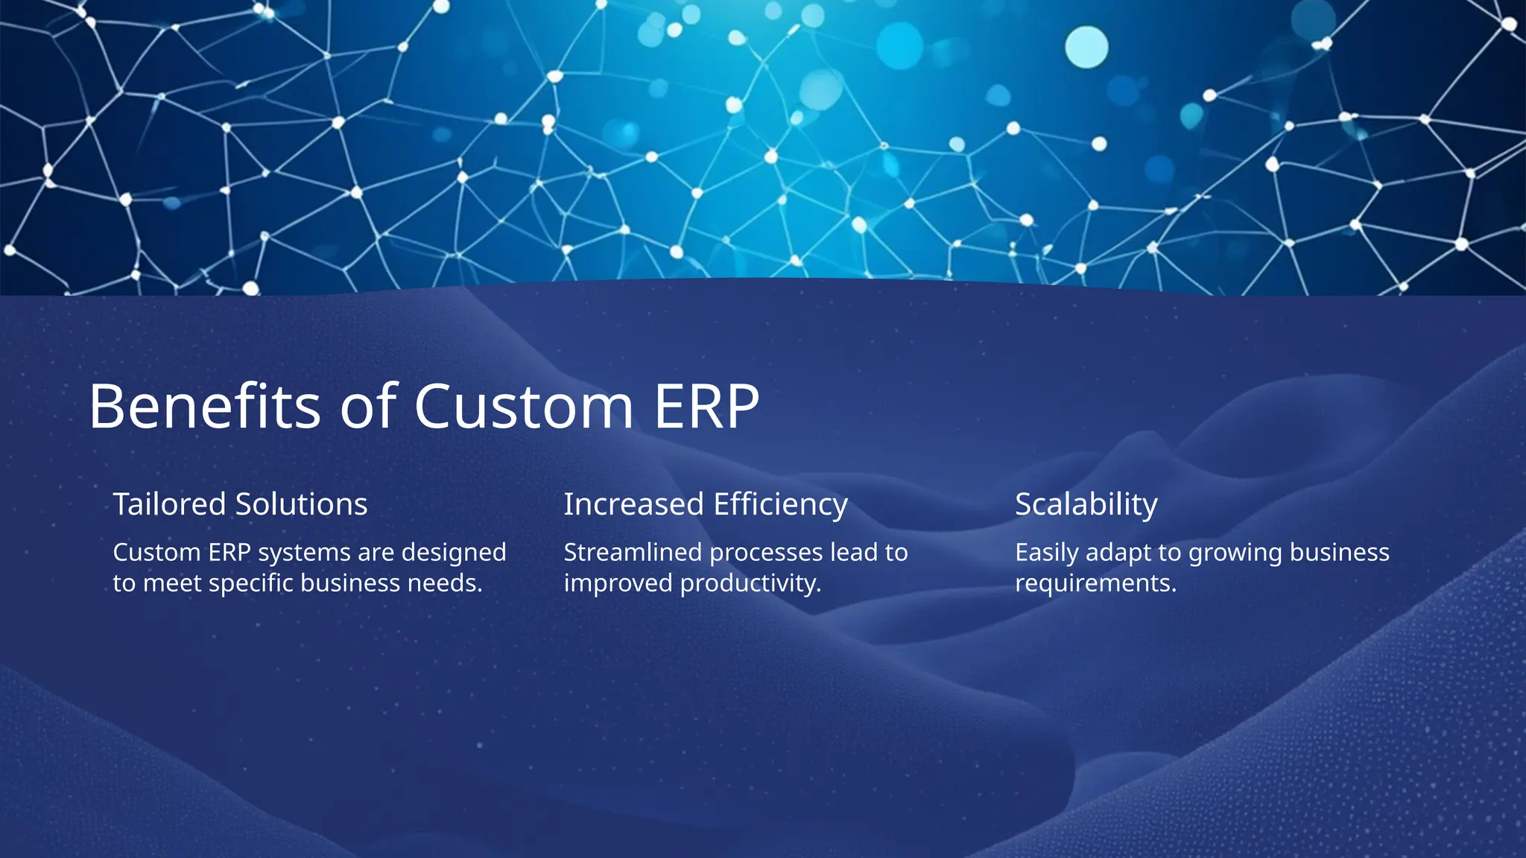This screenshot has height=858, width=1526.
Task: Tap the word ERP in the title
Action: (706, 407)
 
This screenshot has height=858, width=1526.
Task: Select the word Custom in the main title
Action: (523, 407)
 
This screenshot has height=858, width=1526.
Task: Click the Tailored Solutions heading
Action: (240, 504)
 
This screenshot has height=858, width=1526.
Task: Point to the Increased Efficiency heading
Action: (705, 504)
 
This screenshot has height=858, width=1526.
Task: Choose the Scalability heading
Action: (1086, 504)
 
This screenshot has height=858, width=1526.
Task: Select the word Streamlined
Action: (633, 553)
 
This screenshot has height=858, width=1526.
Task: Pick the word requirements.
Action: (1095, 583)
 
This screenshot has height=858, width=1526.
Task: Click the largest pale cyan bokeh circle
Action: (1086, 47)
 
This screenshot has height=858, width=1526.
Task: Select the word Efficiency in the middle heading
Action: (780, 504)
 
